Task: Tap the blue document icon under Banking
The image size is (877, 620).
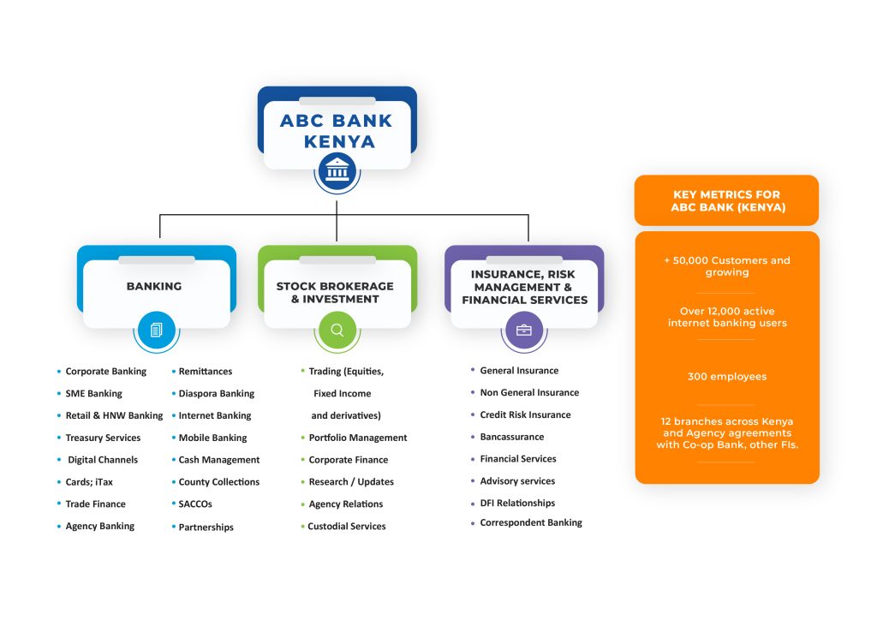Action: (x=156, y=330)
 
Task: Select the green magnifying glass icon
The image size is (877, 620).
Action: (x=337, y=330)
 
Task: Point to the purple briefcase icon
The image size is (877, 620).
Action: (x=523, y=330)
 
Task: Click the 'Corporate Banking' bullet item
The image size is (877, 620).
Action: (x=105, y=372)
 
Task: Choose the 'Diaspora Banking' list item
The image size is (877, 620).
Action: (x=216, y=394)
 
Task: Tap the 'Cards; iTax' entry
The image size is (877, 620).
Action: (x=89, y=482)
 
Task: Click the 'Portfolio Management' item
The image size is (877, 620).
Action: (x=357, y=438)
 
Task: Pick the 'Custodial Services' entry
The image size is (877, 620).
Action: (x=346, y=527)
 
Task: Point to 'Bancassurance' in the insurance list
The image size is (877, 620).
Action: (x=511, y=437)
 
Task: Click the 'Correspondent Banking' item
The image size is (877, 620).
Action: (x=530, y=522)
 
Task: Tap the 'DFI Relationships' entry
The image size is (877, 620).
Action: (x=517, y=504)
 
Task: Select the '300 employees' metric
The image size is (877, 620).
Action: (x=726, y=377)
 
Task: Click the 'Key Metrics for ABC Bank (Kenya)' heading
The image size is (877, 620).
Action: (x=726, y=201)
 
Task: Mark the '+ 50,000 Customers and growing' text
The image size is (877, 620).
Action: (x=726, y=266)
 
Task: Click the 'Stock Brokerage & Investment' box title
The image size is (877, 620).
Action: (x=335, y=293)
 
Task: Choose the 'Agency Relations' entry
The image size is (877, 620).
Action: (x=345, y=504)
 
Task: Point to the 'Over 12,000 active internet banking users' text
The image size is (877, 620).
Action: (x=726, y=317)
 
